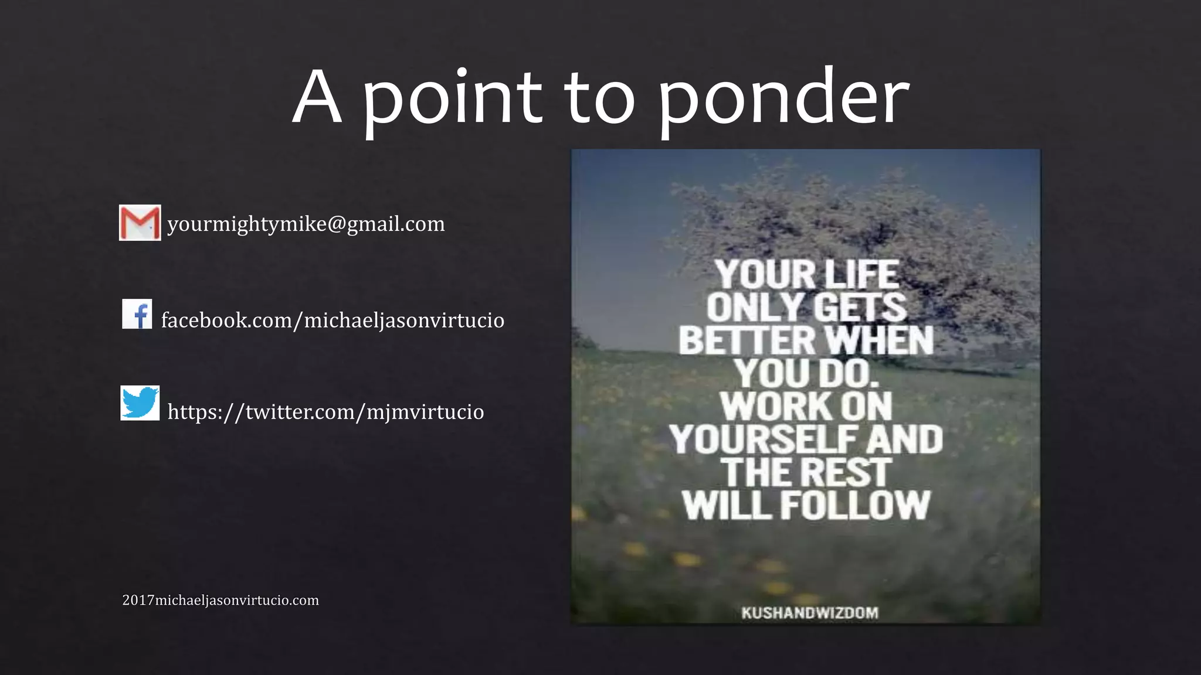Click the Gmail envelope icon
coord(140,223)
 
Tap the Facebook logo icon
coord(137,314)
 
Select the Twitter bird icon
coord(140,403)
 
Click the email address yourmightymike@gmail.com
coord(306,224)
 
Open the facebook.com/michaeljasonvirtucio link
coord(333,321)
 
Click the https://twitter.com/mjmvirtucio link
coord(325,412)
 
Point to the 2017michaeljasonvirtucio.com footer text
coord(220,601)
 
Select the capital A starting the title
coord(317,98)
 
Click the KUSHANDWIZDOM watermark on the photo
coord(810,613)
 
